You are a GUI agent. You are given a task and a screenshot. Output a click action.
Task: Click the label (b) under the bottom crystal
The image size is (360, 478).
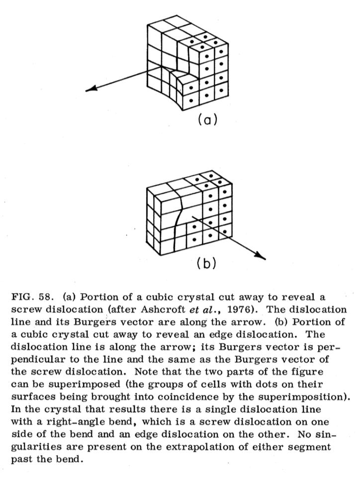tap(205, 263)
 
